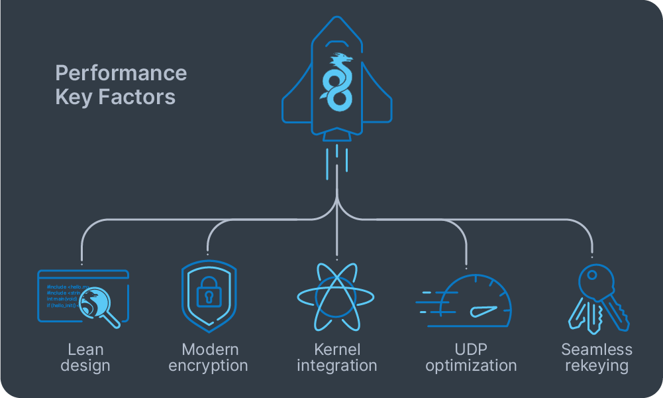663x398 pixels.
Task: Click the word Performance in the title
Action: point(121,73)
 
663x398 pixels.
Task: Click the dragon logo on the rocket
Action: point(336,81)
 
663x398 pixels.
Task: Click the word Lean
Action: point(85,350)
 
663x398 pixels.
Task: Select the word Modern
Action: point(209,350)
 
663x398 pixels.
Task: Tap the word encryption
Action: point(208,365)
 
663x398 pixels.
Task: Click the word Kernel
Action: point(336,350)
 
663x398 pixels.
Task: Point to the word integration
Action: point(336,365)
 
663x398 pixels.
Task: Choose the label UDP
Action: point(470,350)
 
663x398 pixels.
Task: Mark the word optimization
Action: point(470,365)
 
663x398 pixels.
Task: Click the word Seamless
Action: point(597,350)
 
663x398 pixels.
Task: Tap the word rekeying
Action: point(597,365)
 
